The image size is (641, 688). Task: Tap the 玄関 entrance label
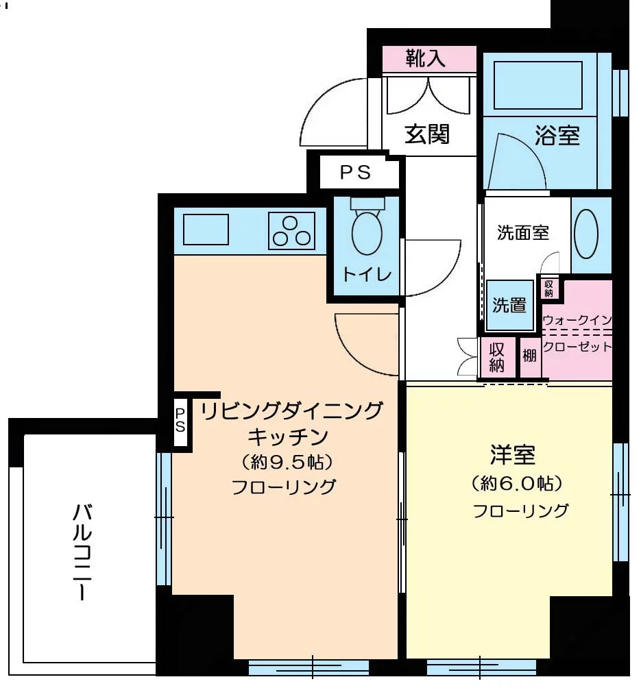point(426,134)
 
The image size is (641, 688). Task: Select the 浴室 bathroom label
point(557,136)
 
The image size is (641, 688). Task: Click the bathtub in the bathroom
point(537,85)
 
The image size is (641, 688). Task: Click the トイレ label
point(367,275)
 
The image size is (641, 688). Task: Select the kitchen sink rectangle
point(206,230)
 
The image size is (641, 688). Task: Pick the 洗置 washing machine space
point(509,306)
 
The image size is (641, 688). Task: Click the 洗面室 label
point(523,233)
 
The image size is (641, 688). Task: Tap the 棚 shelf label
point(529,356)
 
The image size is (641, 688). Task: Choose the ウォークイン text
point(577,320)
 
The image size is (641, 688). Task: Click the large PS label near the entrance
point(356,173)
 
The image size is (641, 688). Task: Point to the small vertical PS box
point(180,420)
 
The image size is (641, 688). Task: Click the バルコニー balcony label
point(84,552)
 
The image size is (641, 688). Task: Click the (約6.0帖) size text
point(518,484)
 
